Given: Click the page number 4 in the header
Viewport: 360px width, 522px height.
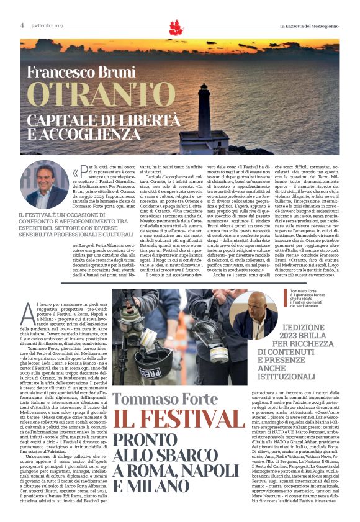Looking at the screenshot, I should (22, 25).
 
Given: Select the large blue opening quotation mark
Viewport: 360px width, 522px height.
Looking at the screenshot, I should (76, 173).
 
